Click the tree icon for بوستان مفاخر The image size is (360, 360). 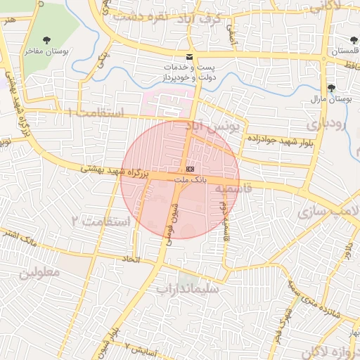coord(48,39)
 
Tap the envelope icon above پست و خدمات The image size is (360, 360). coord(188,56)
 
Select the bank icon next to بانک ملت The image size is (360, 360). coord(191,169)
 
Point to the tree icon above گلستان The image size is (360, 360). coord(354,40)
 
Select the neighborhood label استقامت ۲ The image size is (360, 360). coord(101,221)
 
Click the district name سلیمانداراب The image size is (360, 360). coord(188,288)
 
